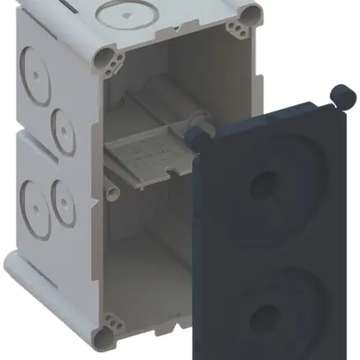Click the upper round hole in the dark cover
pyautogui.click(x=263, y=184)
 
